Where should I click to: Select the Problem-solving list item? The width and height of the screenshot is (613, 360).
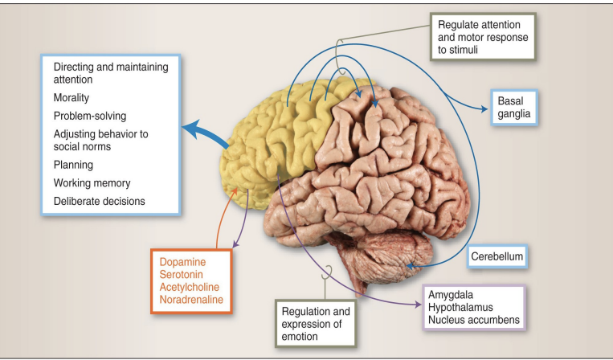coord(89,116)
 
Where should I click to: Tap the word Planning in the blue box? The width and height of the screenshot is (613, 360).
coord(73,165)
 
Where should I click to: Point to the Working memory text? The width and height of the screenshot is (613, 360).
coord(92,183)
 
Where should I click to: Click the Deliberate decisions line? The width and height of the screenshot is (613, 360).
coord(99,201)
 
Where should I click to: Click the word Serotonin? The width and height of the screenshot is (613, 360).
coord(184,275)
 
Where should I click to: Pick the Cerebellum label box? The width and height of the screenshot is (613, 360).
coord(497,257)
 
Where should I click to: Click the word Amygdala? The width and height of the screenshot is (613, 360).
coord(452,295)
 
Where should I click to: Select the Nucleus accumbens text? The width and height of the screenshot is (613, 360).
coord(473,320)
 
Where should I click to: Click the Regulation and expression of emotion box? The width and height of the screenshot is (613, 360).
coord(315,322)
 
